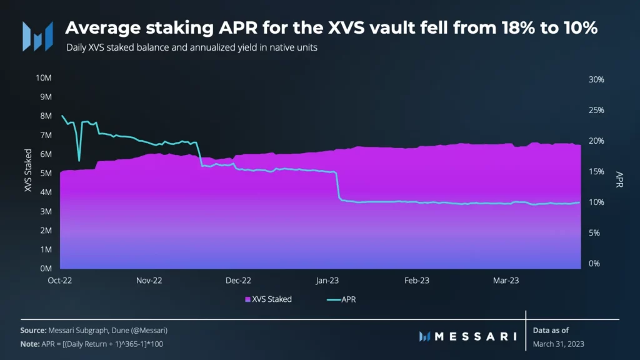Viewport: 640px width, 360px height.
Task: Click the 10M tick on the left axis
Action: coord(43,78)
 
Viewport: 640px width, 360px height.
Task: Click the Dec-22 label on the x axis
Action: coord(238,281)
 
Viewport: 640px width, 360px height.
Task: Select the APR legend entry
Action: coord(347,299)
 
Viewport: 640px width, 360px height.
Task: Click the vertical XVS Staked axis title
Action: coord(28,170)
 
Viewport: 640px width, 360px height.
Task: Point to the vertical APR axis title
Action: coord(619,179)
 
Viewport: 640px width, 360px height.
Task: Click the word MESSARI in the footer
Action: coord(475,336)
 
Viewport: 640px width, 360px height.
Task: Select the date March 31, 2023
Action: coord(558,344)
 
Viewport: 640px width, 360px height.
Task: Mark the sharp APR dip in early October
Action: coord(79,159)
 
